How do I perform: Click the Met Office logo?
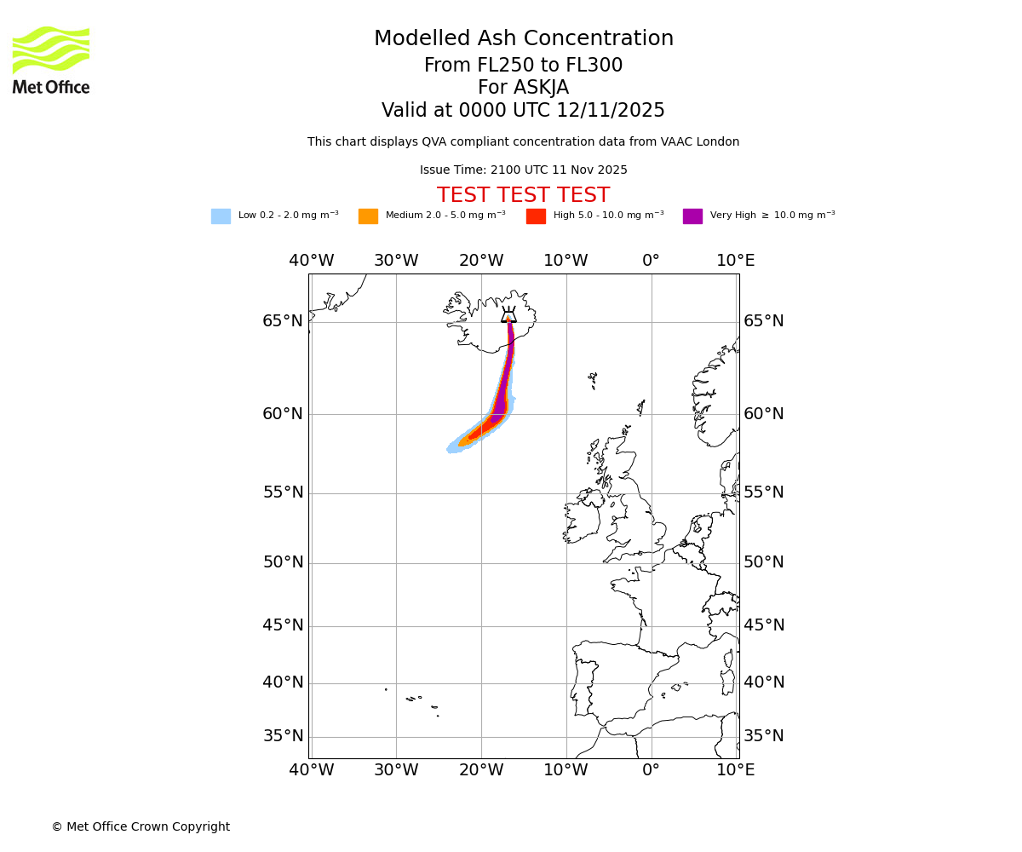point(51,60)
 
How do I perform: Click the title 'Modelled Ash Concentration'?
point(524,39)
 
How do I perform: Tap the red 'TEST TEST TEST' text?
point(523,196)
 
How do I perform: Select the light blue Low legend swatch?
point(221,216)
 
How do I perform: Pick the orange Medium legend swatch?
point(368,216)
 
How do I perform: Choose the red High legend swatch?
point(536,216)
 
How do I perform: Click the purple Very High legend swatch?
point(692,216)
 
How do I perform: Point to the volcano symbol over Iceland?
point(508,315)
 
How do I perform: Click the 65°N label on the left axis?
point(283,321)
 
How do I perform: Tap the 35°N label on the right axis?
point(764,736)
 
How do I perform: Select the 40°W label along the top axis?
point(312,261)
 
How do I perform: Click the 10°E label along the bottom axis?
point(736,770)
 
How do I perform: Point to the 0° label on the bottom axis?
point(651,770)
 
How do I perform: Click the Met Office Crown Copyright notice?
point(141,827)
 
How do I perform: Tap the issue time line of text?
point(523,170)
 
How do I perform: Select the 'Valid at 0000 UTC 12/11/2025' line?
point(523,111)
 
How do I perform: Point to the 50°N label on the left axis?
point(283,562)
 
